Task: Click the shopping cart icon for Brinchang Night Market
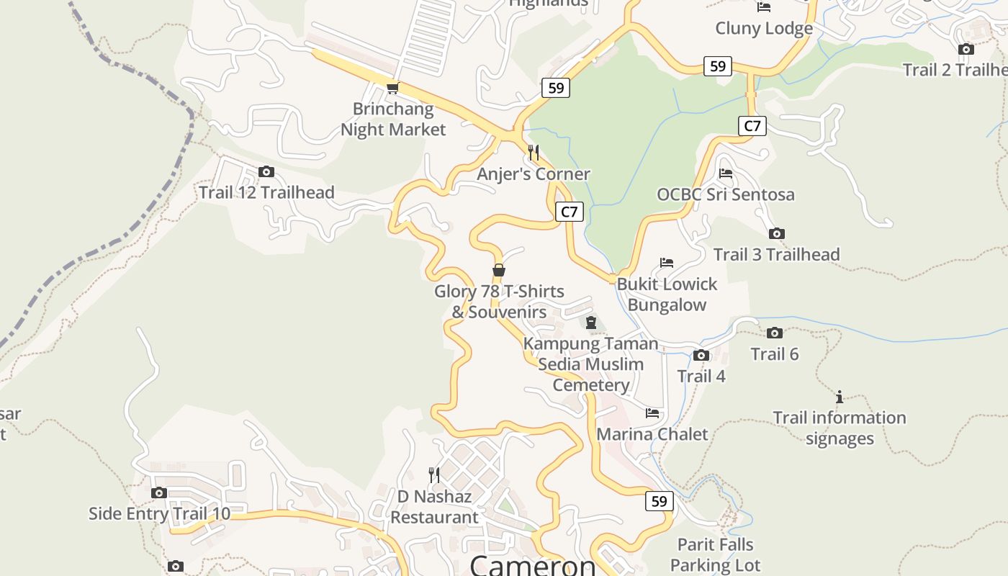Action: click(392, 88)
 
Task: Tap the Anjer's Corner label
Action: click(533, 174)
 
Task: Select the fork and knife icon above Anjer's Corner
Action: click(534, 153)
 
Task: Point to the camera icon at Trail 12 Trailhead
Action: click(266, 171)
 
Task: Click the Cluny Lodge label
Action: click(764, 28)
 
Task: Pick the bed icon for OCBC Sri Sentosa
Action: click(726, 174)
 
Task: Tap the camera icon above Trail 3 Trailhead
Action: click(776, 233)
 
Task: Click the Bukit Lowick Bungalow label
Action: click(667, 294)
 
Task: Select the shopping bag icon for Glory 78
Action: click(498, 271)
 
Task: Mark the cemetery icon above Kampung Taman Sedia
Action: click(591, 323)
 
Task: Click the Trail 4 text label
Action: click(701, 376)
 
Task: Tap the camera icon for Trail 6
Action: click(775, 333)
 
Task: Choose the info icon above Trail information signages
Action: click(839, 397)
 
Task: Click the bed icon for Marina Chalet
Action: click(652, 413)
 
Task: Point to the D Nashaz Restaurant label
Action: click(434, 507)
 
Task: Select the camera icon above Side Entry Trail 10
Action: click(159, 493)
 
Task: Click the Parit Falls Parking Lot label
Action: click(716, 554)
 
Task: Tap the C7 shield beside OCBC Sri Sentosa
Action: click(752, 126)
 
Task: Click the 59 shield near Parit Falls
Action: click(659, 501)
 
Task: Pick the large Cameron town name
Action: click(533, 564)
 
